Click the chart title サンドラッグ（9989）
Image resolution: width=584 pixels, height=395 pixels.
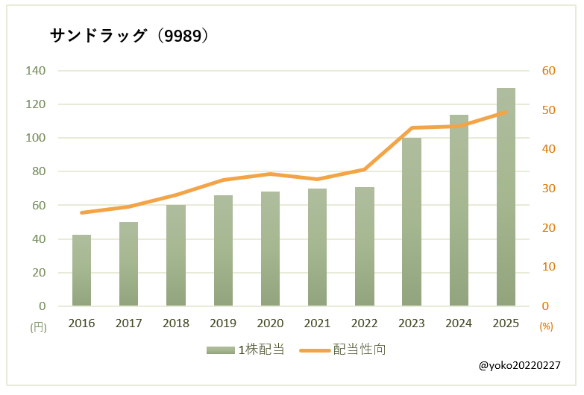point(128,36)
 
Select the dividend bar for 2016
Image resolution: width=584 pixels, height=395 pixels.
point(82,271)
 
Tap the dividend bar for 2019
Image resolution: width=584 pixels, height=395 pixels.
point(223,251)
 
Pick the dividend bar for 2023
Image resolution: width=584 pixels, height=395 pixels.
point(412,222)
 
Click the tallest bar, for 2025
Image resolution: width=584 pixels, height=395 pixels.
point(506,197)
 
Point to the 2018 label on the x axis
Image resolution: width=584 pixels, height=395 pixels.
point(176,323)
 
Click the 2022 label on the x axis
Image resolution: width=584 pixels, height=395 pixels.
point(365,323)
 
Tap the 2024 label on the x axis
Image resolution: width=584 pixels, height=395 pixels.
point(459,323)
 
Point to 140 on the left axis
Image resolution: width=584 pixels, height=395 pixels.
point(37,71)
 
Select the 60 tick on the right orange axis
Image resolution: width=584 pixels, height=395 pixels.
point(549,71)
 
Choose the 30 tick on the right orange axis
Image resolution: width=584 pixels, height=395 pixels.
point(549,189)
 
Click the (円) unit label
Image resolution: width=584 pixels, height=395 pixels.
point(38,326)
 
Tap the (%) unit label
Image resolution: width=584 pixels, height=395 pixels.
point(547,326)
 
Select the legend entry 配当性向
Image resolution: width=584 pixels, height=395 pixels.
point(342,350)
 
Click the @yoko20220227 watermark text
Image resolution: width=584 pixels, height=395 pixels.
point(520,366)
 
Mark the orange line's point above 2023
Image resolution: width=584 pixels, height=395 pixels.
point(412,128)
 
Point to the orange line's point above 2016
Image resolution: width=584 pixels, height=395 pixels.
point(82,212)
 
